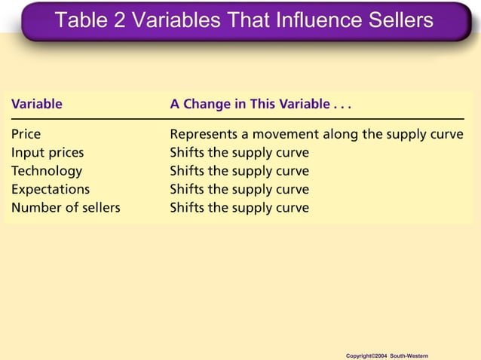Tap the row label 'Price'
click(26, 135)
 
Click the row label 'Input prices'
click(47, 153)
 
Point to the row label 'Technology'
click(47, 171)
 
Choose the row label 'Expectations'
click(51, 189)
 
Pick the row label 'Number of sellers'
click(66, 207)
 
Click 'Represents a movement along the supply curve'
click(316, 135)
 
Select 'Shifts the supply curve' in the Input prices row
click(239, 153)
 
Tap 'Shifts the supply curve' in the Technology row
click(239, 171)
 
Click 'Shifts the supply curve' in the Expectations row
click(239, 189)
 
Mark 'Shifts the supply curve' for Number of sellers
click(239, 207)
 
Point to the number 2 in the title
click(119, 20)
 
